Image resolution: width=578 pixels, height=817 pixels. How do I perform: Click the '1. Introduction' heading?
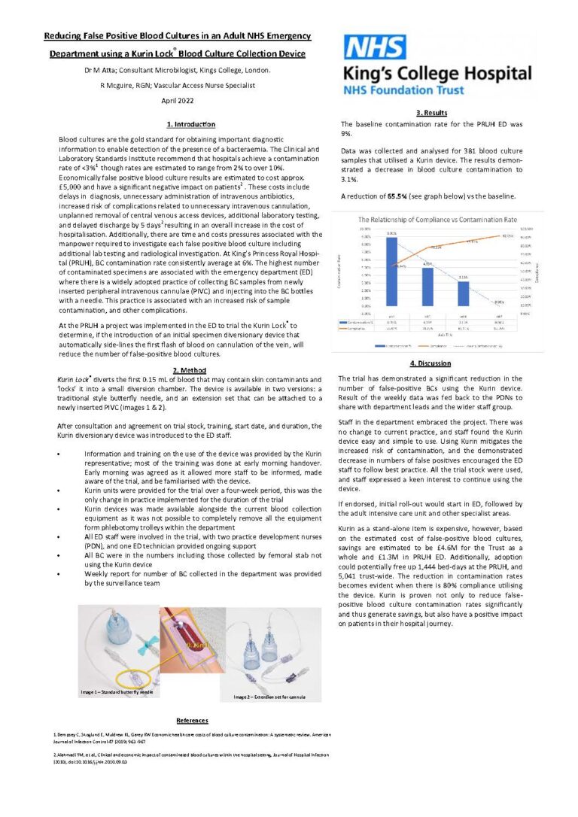point(190,124)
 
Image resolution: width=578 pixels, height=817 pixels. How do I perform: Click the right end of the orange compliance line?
point(506,236)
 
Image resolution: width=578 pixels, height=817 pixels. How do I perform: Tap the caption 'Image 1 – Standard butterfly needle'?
point(117,691)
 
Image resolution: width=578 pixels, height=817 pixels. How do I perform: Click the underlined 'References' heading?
point(192,720)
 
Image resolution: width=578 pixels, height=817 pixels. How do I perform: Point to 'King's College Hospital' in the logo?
point(437,74)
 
